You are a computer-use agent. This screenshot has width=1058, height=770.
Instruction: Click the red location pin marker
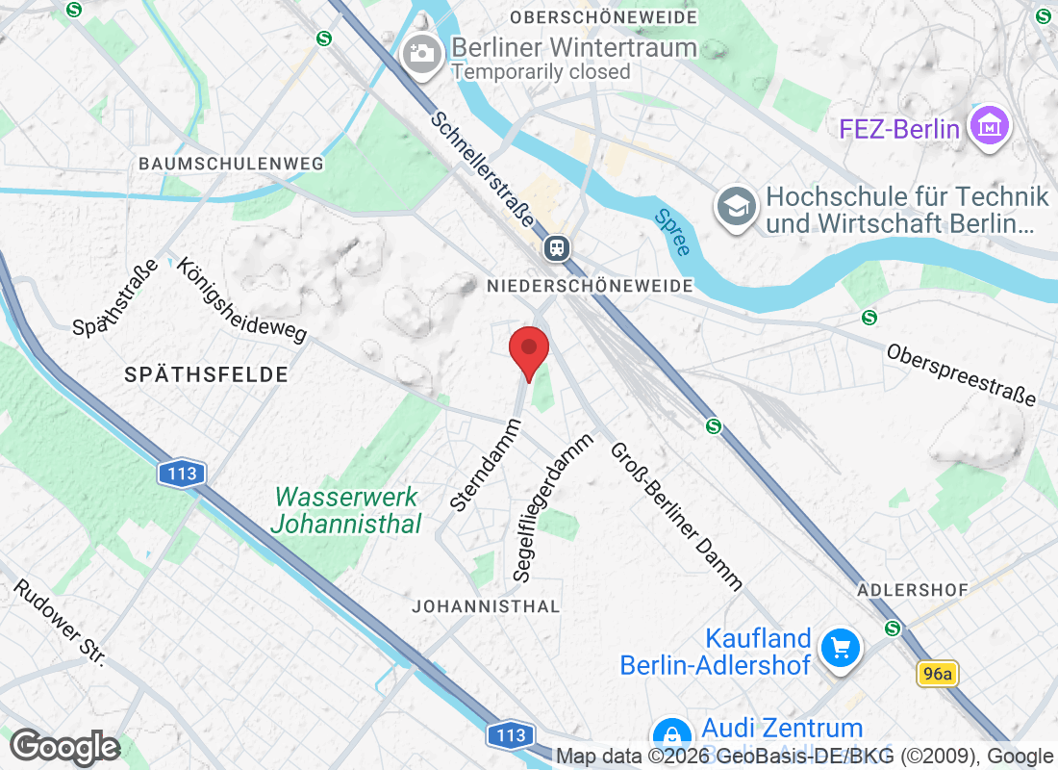(528, 350)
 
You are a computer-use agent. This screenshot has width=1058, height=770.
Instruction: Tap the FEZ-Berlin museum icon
(989, 126)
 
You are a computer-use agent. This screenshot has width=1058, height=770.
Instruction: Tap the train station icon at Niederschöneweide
(556, 248)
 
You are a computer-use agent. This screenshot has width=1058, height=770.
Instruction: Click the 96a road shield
(936, 674)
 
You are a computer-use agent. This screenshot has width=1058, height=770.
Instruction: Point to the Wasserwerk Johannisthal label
(346, 510)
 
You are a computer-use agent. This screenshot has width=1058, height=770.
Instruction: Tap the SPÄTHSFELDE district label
(207, 374)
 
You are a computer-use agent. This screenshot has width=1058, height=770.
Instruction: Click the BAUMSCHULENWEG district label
(231, 164)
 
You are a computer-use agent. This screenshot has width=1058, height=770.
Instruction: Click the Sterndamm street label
(485, 464)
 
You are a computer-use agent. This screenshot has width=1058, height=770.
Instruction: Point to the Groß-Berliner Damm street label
(677, 515)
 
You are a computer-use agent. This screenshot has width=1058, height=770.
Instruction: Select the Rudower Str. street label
(59, 623)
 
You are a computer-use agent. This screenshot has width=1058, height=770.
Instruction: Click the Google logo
(64, 747)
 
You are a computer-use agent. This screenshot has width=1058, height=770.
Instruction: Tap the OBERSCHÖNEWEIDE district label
(604, 17)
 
